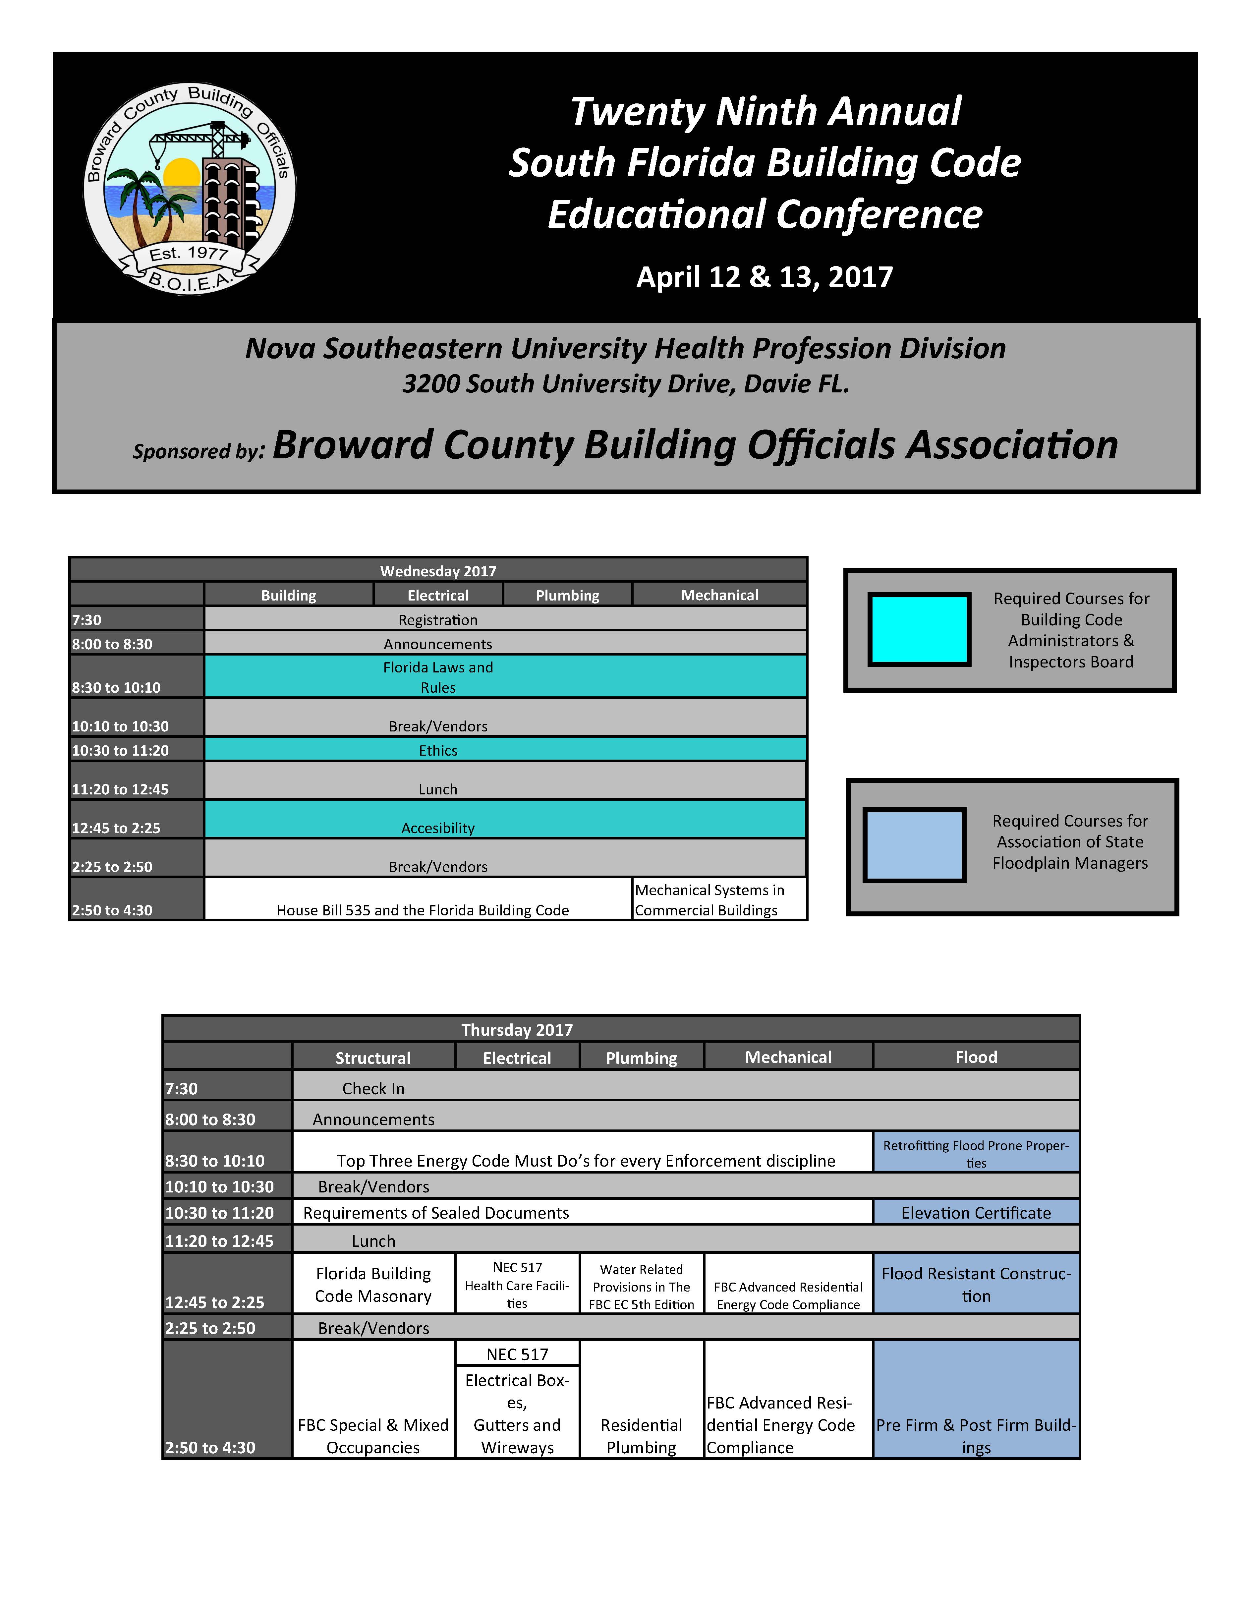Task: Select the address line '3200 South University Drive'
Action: (x=625, y=384)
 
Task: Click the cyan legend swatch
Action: (x=918, y=629)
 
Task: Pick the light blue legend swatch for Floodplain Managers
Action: (x=915, y=844)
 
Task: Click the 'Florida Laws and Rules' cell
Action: (x=438, y=677)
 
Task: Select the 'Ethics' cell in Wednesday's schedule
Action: (x=438, y=750)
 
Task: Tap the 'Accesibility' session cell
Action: (x=438, y=828)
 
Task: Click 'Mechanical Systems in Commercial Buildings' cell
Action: (x=719, y=899)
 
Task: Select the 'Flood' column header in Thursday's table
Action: (x=976, y=1057)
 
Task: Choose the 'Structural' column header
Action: (x=372, y=1058)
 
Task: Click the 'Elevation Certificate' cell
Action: (x=976, y=1213)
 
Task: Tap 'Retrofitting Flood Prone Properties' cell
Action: (x=976, y=1154)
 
